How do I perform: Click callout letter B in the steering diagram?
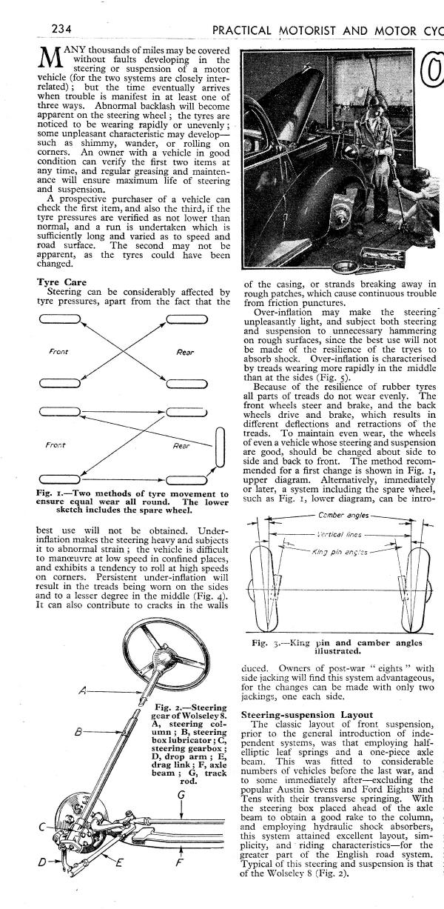pyautogui.click(x=78, y=733)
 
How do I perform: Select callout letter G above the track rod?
pyautogui.click(x=181, y=794)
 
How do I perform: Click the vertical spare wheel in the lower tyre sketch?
pyautogui.click(x=219, y=447)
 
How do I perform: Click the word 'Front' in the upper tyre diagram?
pyautogui.click(x=58, y=352)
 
